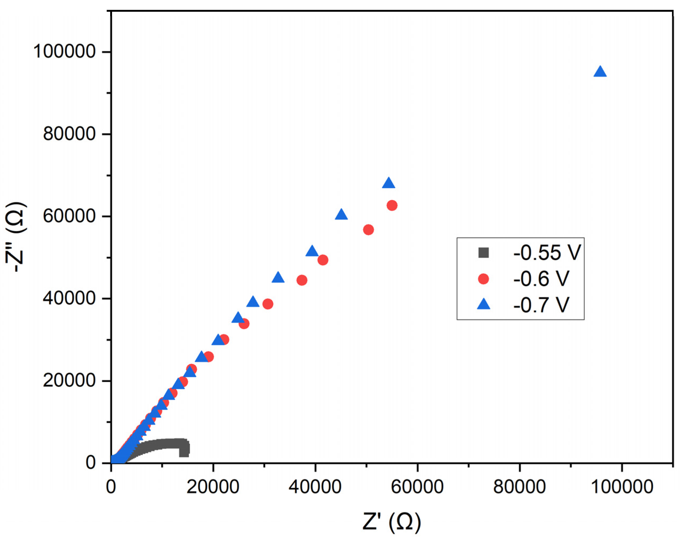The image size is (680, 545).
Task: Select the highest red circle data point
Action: (392, 206)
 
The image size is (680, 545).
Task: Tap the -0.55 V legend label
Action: (547, 253)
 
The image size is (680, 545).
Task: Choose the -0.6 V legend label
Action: (541, 279)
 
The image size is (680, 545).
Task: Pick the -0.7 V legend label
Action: (541, 305)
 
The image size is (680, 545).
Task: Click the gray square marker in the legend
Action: (483, 253)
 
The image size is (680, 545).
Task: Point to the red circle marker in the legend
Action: (483, 279)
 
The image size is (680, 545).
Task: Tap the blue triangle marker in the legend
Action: (483, 305)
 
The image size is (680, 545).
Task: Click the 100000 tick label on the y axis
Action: (64, 51)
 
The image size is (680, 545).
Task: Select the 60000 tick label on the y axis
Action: (69, 216)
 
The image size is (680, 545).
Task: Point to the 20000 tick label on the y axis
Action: (69, 381)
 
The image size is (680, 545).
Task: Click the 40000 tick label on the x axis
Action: (315, 487)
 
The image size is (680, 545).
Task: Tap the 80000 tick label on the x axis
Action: (519, 487)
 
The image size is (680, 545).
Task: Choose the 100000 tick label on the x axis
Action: (622, 487)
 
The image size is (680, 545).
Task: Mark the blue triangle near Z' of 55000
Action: (389, 183)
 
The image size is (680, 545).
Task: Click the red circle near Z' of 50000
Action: (368, 230)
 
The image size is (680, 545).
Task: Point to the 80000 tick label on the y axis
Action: (69, 134)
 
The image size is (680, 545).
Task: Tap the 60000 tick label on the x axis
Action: (417, 487)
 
